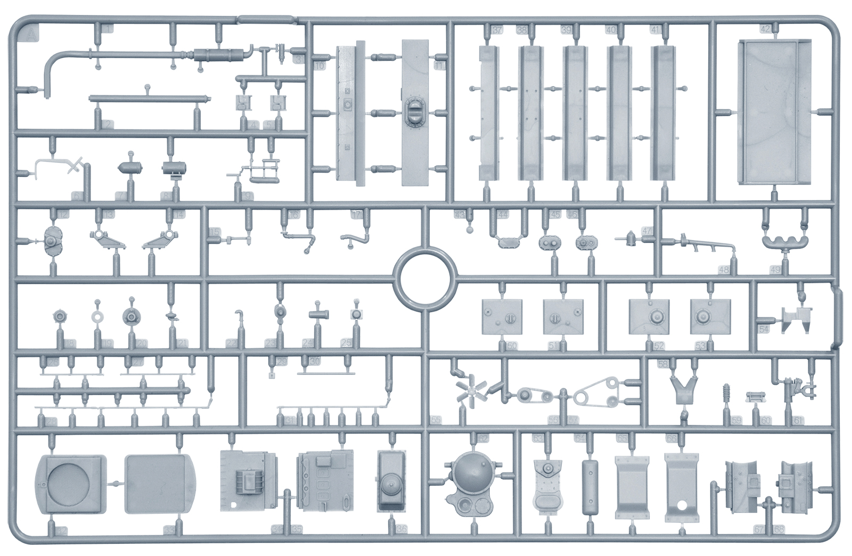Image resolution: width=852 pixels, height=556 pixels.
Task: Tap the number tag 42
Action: [x=765, y=29]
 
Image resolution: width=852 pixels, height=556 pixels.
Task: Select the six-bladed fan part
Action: [x=470, y=393]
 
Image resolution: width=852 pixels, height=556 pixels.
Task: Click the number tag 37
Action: [x=497, y=31]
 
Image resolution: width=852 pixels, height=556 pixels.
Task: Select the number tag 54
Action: [x=764, y=330]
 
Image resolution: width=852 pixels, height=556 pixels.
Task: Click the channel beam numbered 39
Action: [x=576, y=112]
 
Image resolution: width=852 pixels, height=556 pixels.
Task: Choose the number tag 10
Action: [x=319, y=67]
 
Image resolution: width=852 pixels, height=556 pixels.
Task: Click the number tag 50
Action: [x=512, y=346]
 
